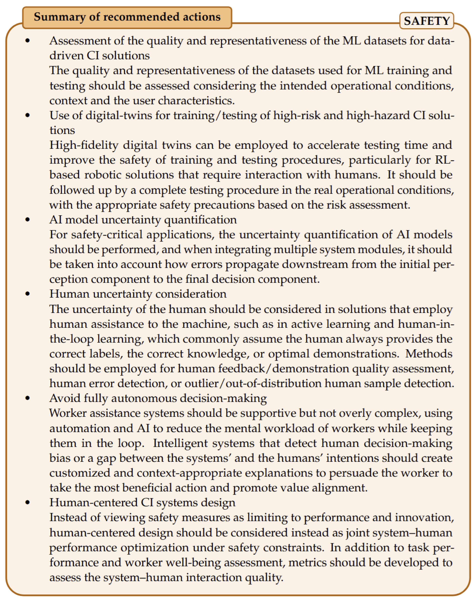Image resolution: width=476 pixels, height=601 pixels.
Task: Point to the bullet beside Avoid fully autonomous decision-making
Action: tap(27, 398)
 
